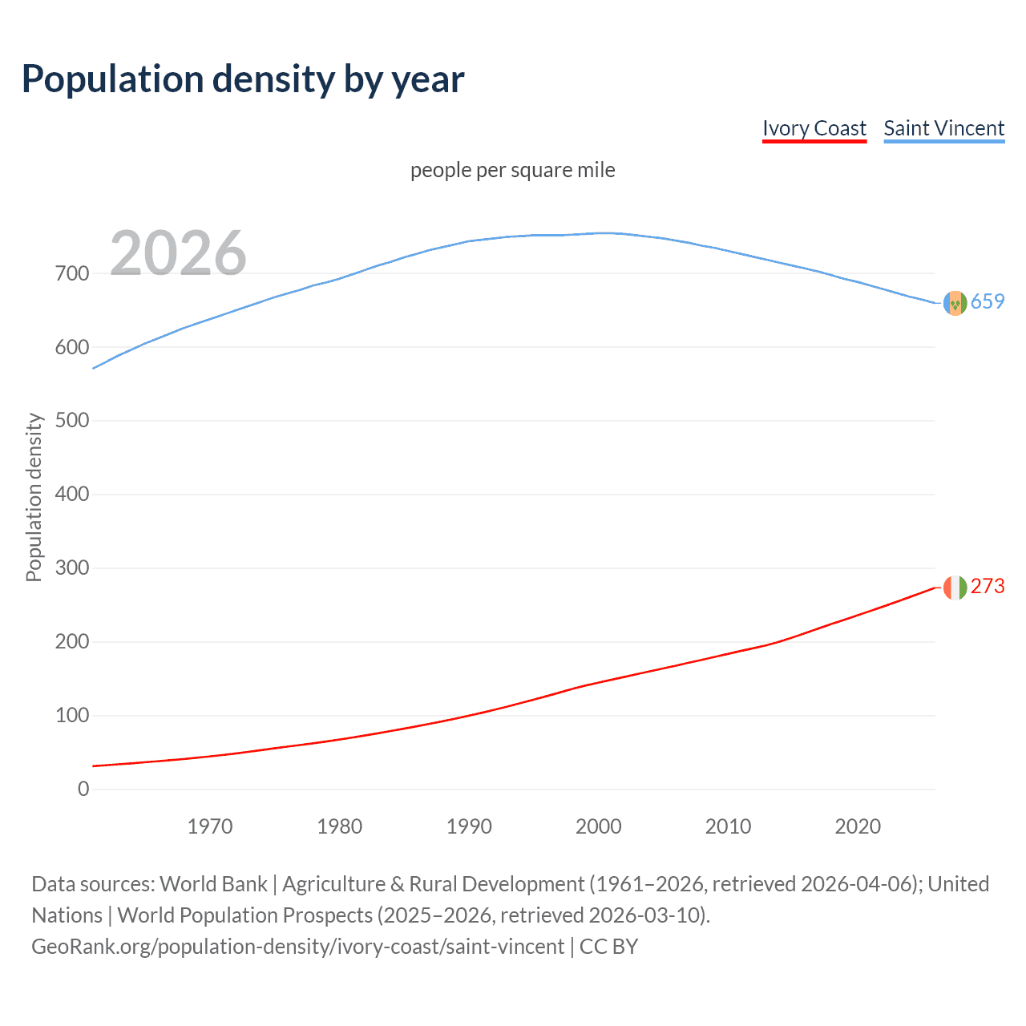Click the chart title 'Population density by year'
[x=243, y=79]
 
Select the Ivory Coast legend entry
[x=814, y=129]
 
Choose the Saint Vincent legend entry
[x=943, y=129]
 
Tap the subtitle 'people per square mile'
[x=512, y=171]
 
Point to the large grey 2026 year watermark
[x=178, y=253]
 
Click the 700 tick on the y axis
[x=72, y=273]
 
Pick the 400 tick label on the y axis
[x=72, y=495]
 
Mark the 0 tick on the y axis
[x=83, y=790]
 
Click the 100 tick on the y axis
[x=72, y=716]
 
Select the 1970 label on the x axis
[x=210, y=826]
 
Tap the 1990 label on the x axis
[x=469, y=826]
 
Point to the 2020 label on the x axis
[x=858, y=826]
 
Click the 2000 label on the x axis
[x=599, y=826]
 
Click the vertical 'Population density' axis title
[x=34, y=497]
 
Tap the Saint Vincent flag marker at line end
[x=955, y=303]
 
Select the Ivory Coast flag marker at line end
[x=955, y=588]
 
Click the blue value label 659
[x=988, y=302]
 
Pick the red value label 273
[x=988, y=587]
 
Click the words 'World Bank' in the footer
[x=213, y=884]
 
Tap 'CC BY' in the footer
[x=608, y=947]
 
